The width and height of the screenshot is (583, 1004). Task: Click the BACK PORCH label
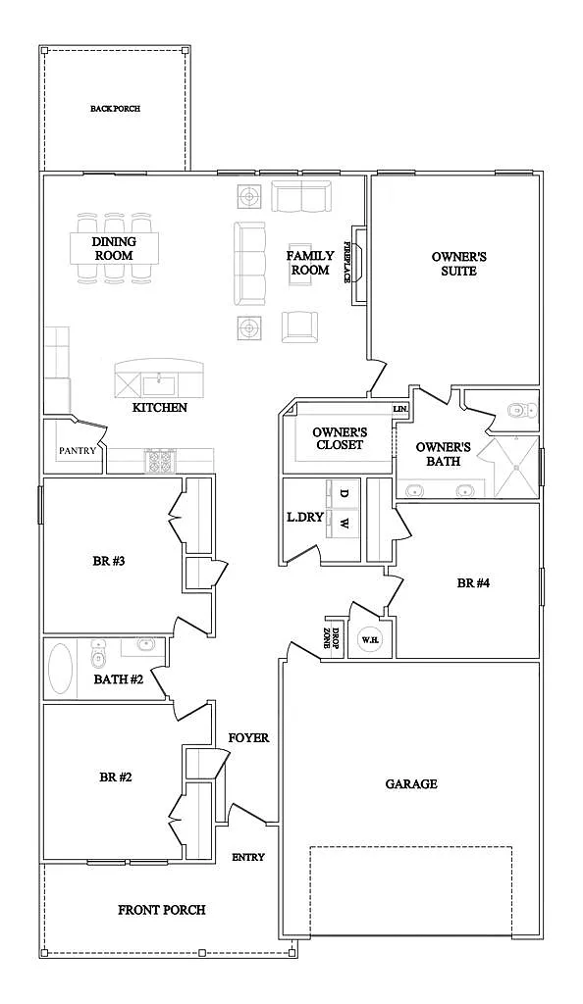pos(115,109)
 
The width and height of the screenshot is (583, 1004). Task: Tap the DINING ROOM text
pos(114,248)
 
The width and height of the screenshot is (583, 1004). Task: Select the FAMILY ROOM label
pos(310,263)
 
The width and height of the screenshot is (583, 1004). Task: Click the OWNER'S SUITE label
pos(458,264)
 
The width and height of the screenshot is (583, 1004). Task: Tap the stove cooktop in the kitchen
pos(160,461)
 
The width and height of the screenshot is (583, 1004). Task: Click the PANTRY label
pos(78,451)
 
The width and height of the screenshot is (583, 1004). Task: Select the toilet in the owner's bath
pos(521,409)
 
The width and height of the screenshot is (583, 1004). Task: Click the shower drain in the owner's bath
pos(515,468)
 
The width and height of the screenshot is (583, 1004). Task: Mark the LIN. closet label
pos(400,409)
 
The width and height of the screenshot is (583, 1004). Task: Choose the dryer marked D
pos(343,494)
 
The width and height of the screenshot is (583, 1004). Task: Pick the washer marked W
pos(343,525)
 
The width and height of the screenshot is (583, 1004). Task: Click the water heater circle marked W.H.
pos(368,639)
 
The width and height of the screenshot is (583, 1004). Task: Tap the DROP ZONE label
pos(331,639)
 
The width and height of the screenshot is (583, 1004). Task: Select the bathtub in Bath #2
pos(60,669)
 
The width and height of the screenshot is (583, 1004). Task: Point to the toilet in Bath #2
pos(98,654)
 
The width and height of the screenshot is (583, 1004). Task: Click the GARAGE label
pos(411,783)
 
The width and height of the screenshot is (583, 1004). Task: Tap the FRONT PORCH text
pos(161,910)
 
